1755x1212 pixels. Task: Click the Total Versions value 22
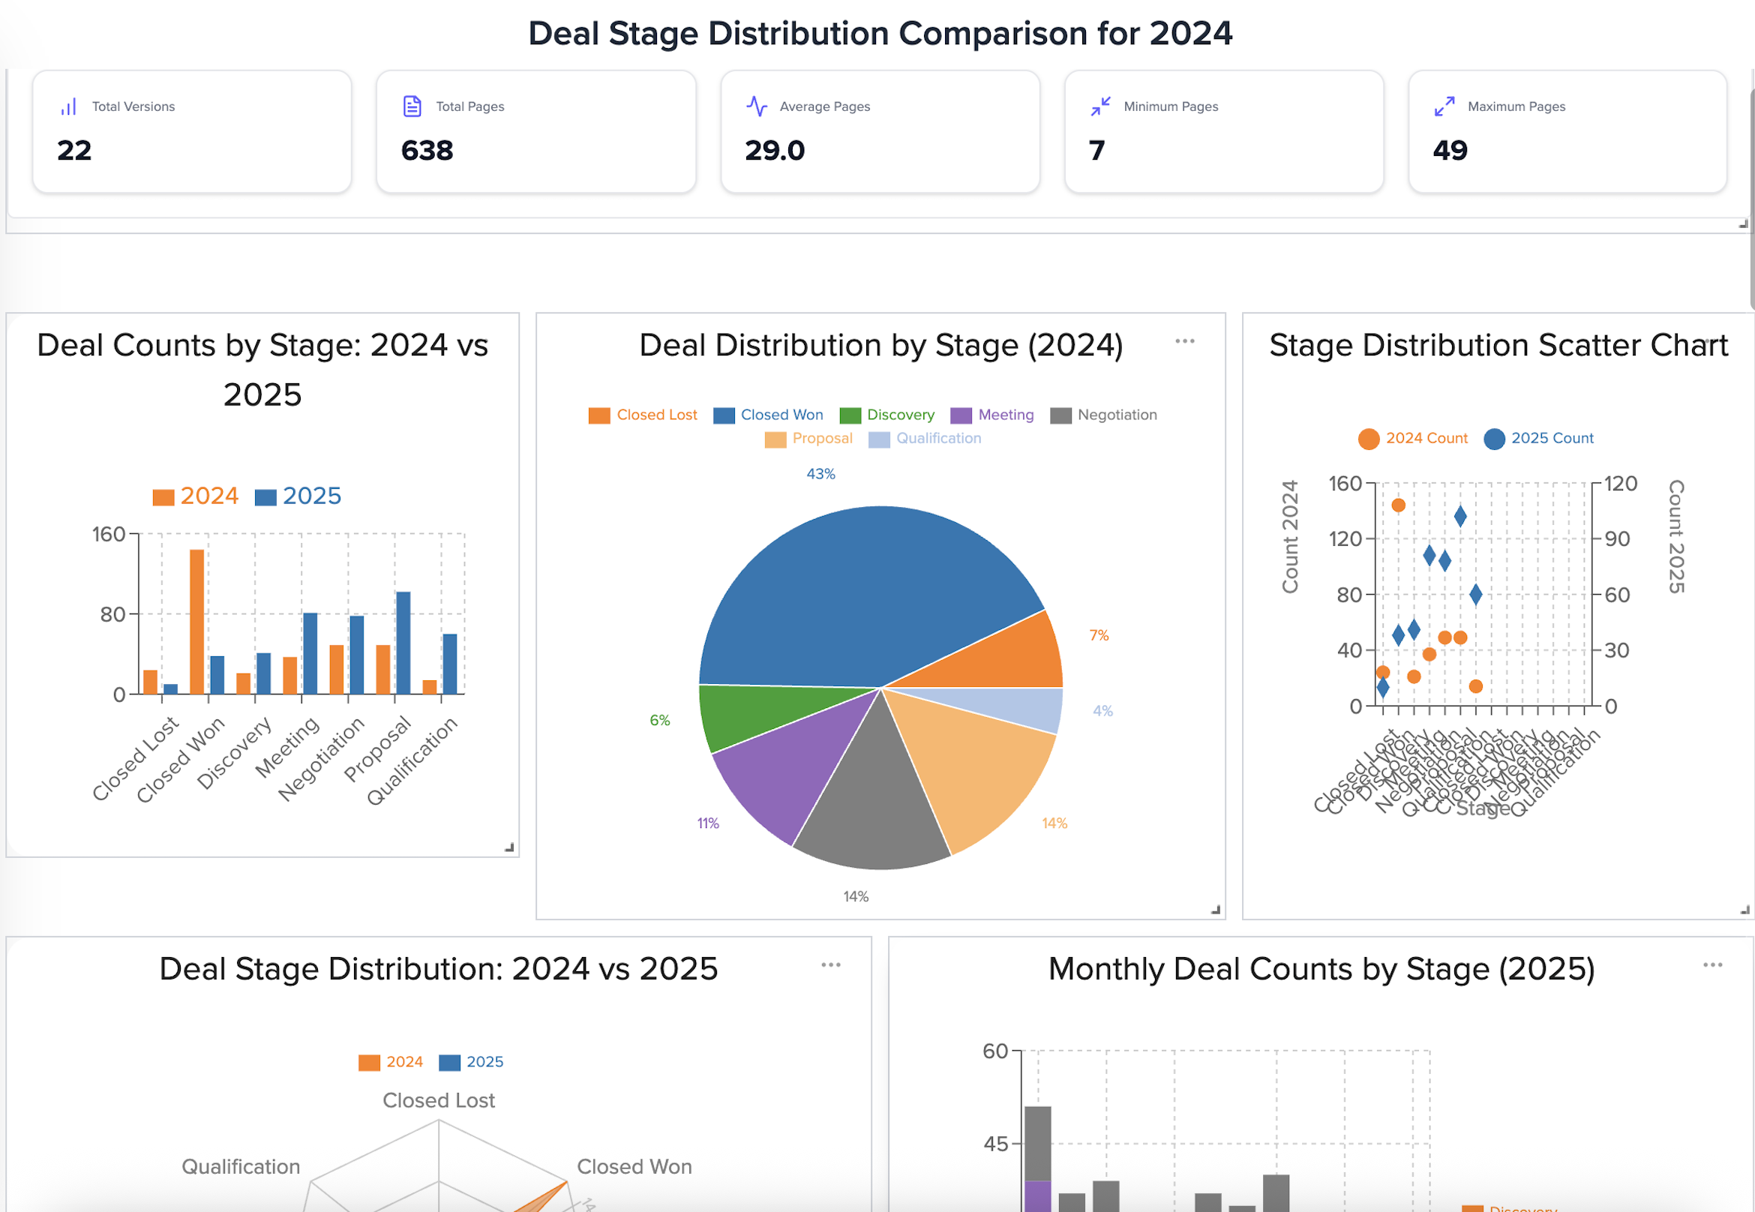pos(74,150)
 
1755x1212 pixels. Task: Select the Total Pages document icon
pos(412,106)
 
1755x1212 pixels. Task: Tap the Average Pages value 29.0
pos(775,150)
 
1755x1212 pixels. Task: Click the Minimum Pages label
pos(1170,106)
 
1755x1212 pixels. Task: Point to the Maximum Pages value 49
pos(1450,150)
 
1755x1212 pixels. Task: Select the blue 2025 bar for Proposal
pos(403,643)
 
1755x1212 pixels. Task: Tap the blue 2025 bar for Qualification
pos(449,664)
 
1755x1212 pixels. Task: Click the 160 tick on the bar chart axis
pos(109,535)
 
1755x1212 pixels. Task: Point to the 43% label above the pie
pos(821,474)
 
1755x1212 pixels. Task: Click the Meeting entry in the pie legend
pos(1006,415)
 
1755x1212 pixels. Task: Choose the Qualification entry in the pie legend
pos(937,438)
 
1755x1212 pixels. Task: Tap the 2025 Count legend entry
pos(1552,438)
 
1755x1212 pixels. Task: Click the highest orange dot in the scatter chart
pos(1398,505)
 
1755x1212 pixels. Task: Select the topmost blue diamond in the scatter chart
pos(1459,517)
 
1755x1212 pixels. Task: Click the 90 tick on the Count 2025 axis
pos(1617,539)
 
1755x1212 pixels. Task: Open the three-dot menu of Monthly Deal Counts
pos(1712,965)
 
